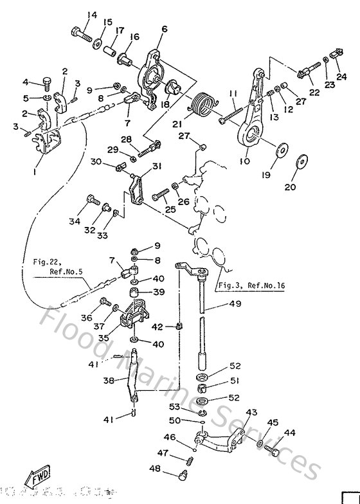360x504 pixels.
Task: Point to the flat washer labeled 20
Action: [300, 161]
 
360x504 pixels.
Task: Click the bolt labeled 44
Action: [274, 453]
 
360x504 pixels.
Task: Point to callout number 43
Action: [251, 412]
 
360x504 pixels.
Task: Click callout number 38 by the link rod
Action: [108, 380]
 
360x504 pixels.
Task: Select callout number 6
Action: [164, 29]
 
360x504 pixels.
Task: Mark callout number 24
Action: [341, 76]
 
